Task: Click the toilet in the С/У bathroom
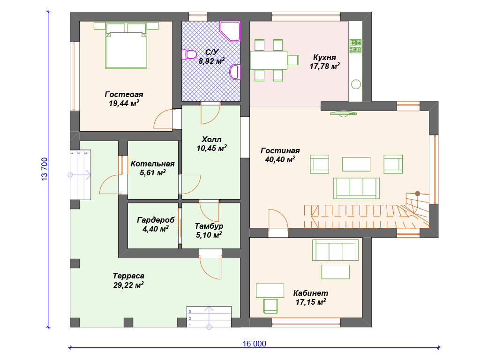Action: [x=189, y=54]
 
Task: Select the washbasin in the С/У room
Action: [x=235, y=72]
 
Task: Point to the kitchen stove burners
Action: [x=355, y=46]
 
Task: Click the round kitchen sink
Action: [x=356, y=84]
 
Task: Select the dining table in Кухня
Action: [x=269, y=60]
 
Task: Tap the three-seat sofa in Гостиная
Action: [x=356, y=188]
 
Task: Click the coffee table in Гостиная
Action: [x=356, y=164]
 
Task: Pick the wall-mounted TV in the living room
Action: [x=343, y=113]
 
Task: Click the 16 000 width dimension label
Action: [x=255, y=344]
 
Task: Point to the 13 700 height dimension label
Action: [x=45, y=169]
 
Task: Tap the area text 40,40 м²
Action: [x=280, y=159]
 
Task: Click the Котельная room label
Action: [x=152, y=164]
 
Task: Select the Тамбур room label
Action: [x=209, y=226]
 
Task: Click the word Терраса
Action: [x=128, y=276]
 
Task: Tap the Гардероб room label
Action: [x=156, y=220]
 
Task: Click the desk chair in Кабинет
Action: [x=270, y=306]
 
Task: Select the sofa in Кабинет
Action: [x=335, y=250]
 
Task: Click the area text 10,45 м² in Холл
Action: [x=211, y=148]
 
